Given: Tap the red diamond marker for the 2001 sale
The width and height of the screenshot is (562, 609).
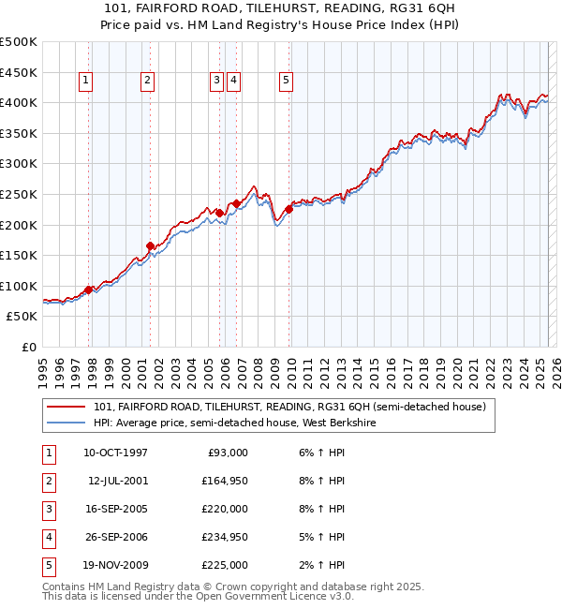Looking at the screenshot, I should (150, 246).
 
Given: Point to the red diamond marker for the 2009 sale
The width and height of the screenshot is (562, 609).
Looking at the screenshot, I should (289, 210).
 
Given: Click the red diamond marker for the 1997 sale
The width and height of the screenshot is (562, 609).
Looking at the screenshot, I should (89, 290).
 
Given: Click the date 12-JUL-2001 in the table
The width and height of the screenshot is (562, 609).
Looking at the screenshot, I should (116, 481).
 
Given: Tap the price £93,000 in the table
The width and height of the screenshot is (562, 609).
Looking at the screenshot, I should (228, 453).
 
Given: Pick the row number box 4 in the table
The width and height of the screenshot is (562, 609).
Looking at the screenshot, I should (48, 537).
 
